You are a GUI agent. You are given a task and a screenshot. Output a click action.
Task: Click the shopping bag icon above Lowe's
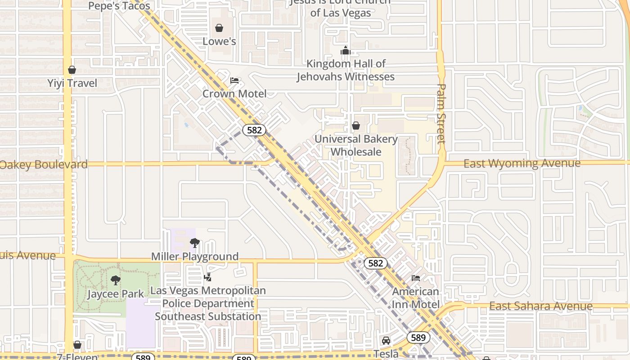[x=219, y=28]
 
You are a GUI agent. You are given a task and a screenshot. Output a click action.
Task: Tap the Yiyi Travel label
[x=72, y=83]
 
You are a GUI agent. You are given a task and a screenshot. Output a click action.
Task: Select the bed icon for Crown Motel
[x=234, y=81]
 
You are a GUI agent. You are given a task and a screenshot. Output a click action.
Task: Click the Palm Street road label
[x=441, y=113]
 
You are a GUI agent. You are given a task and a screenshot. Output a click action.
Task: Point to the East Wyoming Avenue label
[x=522, y=163]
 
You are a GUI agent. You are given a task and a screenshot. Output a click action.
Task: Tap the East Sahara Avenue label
[x=540, y=306]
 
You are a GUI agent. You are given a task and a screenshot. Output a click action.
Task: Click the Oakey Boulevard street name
[x=44, y=164]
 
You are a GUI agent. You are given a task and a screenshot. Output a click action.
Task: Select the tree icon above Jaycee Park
[x=116, y=280]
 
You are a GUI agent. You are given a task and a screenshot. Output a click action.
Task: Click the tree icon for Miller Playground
[x=195, y=243]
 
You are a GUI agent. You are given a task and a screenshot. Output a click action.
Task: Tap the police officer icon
[x=207, y=277]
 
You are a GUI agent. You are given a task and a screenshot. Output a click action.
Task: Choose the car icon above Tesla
[x=386, y=341]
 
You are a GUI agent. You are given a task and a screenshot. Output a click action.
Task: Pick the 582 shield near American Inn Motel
[x=375, y=263]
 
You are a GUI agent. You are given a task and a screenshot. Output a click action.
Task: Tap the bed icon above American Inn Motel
[x=416, y=278]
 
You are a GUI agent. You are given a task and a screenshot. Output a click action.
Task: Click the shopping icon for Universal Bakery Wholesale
[x=356, y=126]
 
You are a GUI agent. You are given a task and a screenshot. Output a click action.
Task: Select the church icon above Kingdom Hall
[x=345, y=50]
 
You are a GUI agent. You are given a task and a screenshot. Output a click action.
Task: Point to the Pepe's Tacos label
[x=119, y=6]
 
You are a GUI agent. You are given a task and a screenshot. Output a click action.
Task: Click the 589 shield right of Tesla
[x=418, y=337]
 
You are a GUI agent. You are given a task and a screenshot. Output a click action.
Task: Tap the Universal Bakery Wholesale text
[x=356, y=145]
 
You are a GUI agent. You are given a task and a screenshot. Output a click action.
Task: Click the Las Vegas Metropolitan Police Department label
[x=208, y=303]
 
